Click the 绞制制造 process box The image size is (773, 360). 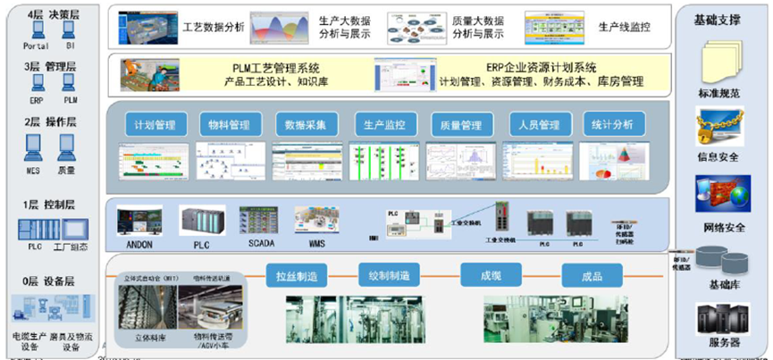point(389,274)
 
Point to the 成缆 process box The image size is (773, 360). point(491,274)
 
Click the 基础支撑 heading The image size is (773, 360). point(717,19)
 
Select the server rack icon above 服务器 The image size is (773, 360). point(720,316)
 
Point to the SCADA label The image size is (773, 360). point(259,243)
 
